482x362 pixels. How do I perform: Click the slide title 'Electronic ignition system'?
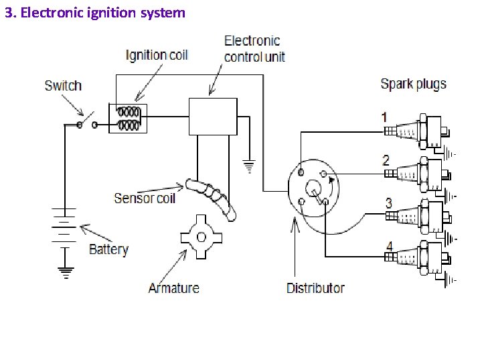point(94,12)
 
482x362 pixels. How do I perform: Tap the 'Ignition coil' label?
point(157,55)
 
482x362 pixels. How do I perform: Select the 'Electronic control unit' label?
point(254,49)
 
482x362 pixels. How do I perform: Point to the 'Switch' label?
point(63,85)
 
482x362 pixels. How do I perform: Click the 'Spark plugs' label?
point(413,84)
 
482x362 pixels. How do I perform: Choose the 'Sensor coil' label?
point(145,198)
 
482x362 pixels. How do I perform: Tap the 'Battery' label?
point(108,249)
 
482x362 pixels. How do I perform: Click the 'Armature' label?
point(173,288)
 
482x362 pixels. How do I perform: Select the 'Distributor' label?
point(315,288)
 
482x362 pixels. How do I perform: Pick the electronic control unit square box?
point(213,116)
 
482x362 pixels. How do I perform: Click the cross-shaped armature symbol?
point(200,236)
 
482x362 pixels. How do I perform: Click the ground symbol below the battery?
point(65,271)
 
